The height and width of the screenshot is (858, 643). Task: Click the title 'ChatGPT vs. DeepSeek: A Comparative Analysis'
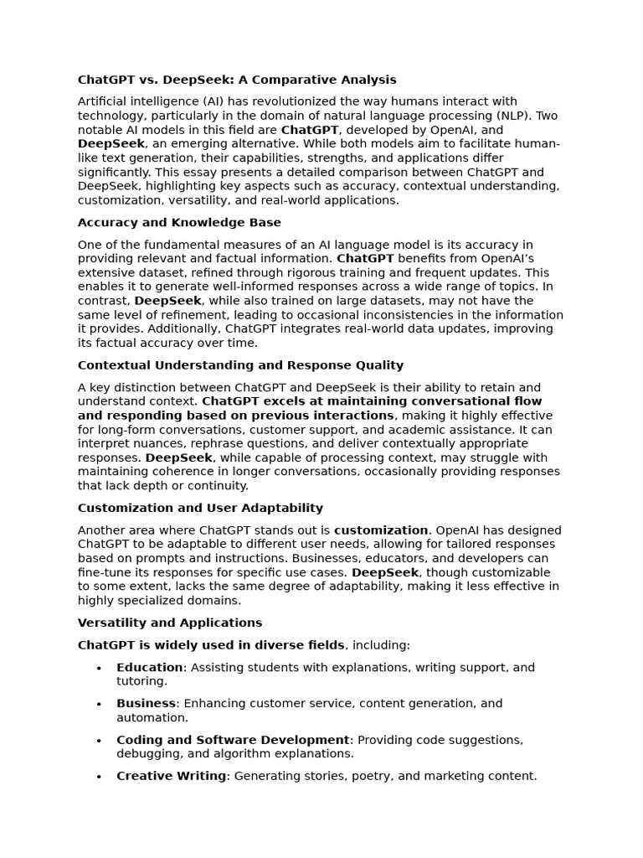(x=237, y=80)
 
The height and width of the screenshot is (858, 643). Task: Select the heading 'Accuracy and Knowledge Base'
(x=179, y=222)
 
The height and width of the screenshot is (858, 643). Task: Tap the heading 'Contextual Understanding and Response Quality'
(x=240, y=365)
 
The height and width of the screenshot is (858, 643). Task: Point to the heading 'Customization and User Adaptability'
(x=200, y=508)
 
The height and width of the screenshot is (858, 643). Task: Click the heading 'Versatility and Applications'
(x=170, y=623)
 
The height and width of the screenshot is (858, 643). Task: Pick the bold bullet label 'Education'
(x=149, y=667)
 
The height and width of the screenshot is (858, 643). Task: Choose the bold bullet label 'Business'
(x=146, y=703)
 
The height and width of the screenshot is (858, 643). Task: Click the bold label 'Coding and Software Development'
(x=233, y=740)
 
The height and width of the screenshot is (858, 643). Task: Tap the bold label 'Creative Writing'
(x=171, y=776)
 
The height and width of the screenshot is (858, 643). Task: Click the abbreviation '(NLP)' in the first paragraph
(x=513, y=116)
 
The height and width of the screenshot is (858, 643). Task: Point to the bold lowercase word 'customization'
(x=381, y=530)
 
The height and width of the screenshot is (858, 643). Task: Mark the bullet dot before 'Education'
(x=99, y=668)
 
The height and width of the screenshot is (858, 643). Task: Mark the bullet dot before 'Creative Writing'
(x=99, y=777)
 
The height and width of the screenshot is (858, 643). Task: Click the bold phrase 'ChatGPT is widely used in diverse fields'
(x=211, y=644)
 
